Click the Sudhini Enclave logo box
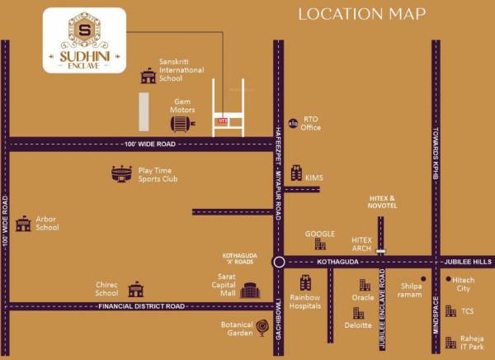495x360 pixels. coord(84,40)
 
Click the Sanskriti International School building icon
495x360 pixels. coord(148,76)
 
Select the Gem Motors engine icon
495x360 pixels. coord(179,124)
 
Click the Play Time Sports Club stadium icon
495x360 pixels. coord(121,173)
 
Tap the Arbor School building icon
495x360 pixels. coord(23,223)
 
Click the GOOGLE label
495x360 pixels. coord(319,234)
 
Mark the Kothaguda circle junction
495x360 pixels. coord(279,263)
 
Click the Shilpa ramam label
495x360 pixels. coord(410,291)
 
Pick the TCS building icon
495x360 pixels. coord(450,311)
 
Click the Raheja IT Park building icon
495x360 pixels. coord(450,342)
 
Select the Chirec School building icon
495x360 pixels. coord(135,289)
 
